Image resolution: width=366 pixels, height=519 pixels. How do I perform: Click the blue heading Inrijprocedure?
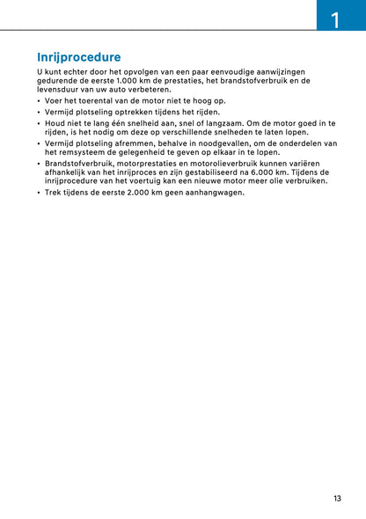78,57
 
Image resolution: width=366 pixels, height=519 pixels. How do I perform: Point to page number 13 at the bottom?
338,499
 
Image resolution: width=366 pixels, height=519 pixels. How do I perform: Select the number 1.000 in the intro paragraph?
132,80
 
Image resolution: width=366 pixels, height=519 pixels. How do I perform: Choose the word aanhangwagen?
214,193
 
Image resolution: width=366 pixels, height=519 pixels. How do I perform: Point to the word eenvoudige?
221,70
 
